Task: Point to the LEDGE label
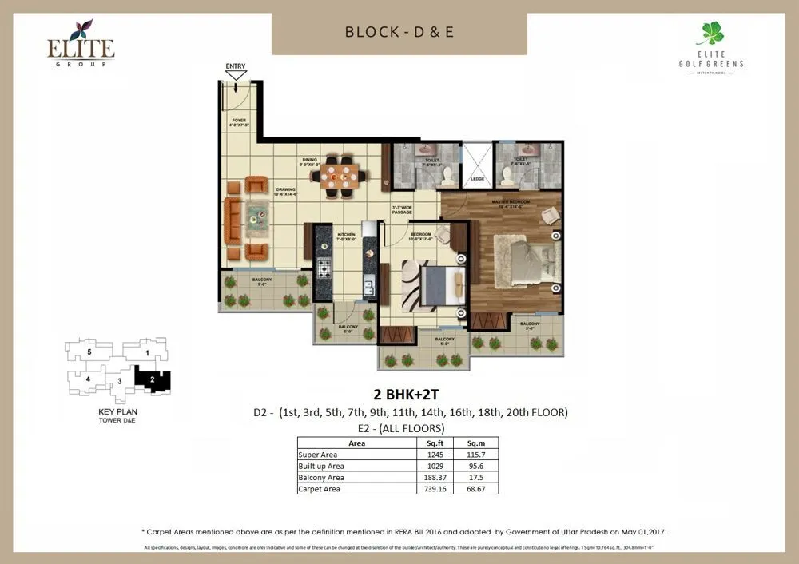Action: (x=478, y=180)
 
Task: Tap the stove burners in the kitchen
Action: (x=324, y=268)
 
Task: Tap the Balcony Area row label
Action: (x=324, y=477)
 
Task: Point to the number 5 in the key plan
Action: (x=89, y=352)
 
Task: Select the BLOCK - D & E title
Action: (x=399, y=33)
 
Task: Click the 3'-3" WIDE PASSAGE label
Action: (x=401, y=212)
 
